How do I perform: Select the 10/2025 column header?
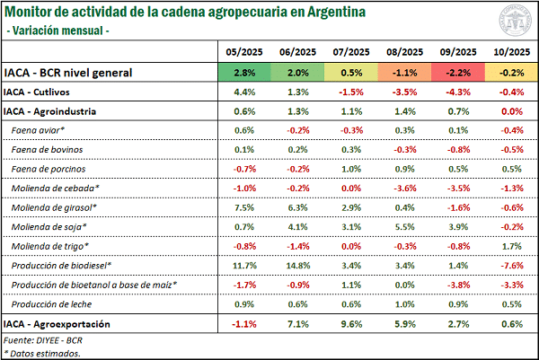pos(510,53)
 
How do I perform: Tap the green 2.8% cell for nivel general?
pos(245,73)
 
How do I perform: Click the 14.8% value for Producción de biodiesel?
pos(297,265)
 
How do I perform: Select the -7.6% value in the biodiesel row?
pos(509,265)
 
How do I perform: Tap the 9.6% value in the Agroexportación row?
pos(351,323)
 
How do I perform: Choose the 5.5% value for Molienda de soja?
pos(404,226)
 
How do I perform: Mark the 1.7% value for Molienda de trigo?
pos(510,246)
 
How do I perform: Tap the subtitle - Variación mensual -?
pos(57,31)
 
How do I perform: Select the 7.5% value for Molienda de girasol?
pos(245,207)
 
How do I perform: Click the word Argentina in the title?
pos(306,13)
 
